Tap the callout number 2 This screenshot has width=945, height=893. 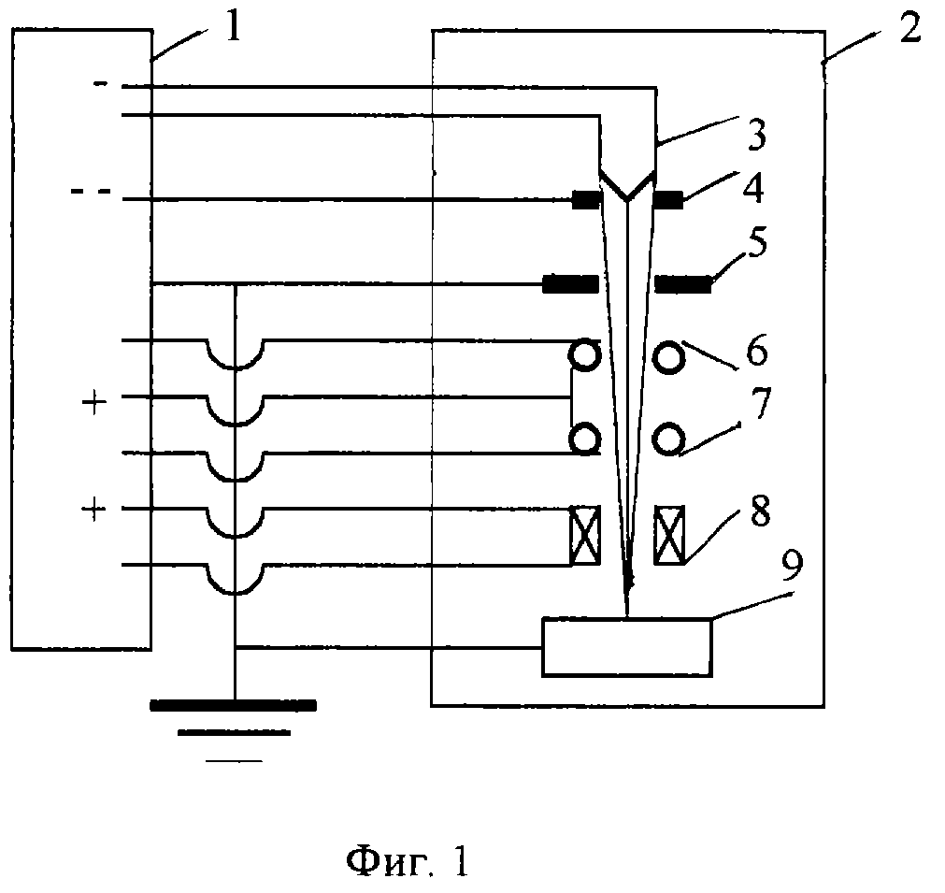point(910,27)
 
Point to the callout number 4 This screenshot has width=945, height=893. point(752,187)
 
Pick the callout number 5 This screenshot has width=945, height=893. point(757,242)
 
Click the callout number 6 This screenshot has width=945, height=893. point(757,350)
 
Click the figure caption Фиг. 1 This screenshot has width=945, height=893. point(408,861)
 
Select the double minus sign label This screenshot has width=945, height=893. point(92,191)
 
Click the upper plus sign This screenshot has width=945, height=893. point(94,403)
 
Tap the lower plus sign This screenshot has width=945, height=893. point(94,511)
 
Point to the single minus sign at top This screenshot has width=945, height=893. point(101,84)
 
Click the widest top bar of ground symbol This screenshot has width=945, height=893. point(233,705)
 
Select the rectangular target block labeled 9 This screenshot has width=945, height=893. point(627,646)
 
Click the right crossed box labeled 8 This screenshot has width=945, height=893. point(669,536)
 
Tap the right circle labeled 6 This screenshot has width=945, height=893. point(669,357)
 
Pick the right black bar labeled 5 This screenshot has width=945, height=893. point(683,283)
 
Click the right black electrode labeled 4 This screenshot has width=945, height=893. point(668,199)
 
